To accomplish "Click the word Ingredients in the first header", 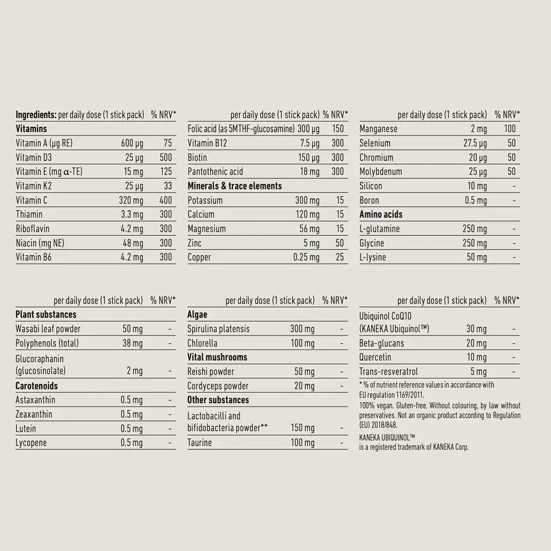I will pos(34,115).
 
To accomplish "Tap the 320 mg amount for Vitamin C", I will pos(131,200).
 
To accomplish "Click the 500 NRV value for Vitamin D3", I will pos(165,157).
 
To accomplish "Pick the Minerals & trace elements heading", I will pos(235,186).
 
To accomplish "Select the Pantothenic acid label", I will pos(215,171).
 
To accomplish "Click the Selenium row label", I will pos(375,143).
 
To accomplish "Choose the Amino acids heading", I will pos(381,214).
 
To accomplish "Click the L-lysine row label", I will pos(373,257).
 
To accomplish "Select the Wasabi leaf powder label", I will pos(48,329).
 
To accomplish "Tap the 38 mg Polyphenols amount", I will pos(133,343).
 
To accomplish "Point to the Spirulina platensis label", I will pos(219,329).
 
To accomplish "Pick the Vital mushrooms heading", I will pos(218,357).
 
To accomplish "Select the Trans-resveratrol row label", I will pos(389,372).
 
